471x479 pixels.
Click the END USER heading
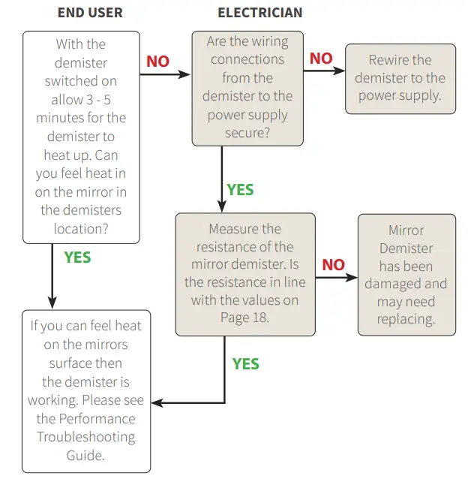tap(90, 13)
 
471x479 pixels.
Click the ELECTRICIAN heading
tap(260, 13)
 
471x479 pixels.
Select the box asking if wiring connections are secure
tap(247, 89)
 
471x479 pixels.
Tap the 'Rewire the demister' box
tap(400, 78)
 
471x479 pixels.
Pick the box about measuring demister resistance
tap(244, 273)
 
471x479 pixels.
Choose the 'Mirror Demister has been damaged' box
tap(406, 274)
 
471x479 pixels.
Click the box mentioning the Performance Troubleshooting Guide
tap(86, 391)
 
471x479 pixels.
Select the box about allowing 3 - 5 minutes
tap(81, 137)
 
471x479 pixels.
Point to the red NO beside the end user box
tap(157, 62)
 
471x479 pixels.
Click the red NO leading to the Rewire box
tap(321, 59)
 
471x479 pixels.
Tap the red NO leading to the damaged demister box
tap(334, 264)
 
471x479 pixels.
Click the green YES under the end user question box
tap(77, 258)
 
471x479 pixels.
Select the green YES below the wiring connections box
tap(240, 190)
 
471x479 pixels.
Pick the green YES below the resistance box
tap(245, 364)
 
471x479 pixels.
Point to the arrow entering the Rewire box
tap(324, 71)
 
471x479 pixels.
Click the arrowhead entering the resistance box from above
tap(222, 206)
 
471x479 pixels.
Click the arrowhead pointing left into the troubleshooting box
tap(157, 403)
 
